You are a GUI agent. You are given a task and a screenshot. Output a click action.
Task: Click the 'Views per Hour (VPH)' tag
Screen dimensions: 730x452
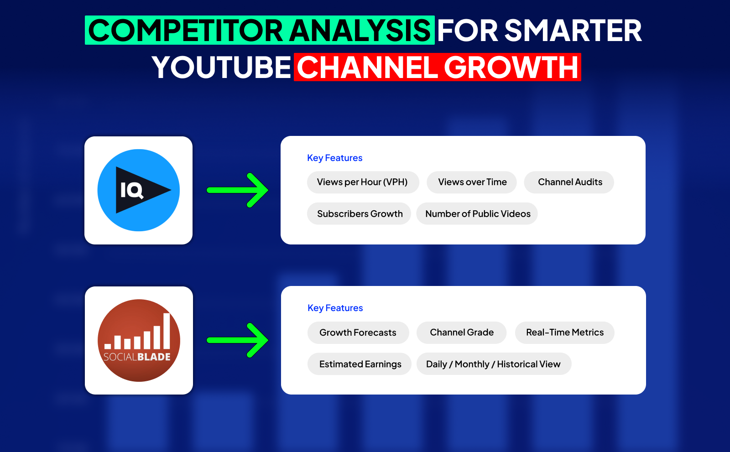pyautogui.click(x=363, y=182)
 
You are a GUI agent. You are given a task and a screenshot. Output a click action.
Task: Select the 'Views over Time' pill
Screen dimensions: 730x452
pyautogui.click(x=472, y=182)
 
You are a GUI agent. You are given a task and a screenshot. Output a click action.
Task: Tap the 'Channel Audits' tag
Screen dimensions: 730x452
pyautogui.click(x=569, y=182)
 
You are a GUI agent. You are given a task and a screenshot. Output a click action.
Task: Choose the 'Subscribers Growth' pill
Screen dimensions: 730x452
pyautogui.click(x=359, y=214)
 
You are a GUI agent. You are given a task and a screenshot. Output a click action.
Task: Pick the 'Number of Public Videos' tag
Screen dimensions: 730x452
pyautogui.click(x=477, y=214)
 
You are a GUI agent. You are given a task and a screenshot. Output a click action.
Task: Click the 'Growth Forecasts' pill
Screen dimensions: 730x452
pyautogui.click(x=358, y=333)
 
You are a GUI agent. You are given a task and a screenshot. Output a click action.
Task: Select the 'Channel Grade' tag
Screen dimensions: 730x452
pyautogui.click(x=461, y=333)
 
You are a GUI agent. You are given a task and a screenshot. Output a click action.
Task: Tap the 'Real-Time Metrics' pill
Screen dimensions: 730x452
pyautogui.click(x=565, y=333)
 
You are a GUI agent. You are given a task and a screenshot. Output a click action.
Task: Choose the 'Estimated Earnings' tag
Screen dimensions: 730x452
pyautogui.click(x=360, y=364)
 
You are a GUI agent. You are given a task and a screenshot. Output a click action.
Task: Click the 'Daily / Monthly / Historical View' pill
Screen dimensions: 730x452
pyautogui.click(x=494, y=364)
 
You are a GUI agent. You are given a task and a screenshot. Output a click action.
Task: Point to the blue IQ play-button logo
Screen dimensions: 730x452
pyautogui.click(x=139, y=190)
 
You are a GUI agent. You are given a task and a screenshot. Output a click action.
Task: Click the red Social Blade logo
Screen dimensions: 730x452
pyautogui.click(x=139, y=341)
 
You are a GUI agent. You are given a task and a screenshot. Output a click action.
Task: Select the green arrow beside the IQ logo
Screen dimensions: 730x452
pyautogui.click(x=238, y=190)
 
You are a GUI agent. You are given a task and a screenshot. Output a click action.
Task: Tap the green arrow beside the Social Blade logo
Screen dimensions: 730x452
pyautogui.click(x=238, y=341)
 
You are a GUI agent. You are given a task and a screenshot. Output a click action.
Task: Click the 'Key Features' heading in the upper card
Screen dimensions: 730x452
pyautogui.click(x=335, y=158)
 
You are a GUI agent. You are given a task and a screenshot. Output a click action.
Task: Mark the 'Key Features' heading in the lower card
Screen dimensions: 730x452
pyautogui.click(x=335, y=308)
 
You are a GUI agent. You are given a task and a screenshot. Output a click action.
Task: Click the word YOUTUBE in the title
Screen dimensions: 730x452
pyautogui.click(x=221, y=67)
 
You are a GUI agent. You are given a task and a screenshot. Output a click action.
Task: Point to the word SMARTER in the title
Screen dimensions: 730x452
pyautogui.click(x=573, y=30)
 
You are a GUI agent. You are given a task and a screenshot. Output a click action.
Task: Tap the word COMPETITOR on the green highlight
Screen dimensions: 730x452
pyautogui.click(x=186, y=30)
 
